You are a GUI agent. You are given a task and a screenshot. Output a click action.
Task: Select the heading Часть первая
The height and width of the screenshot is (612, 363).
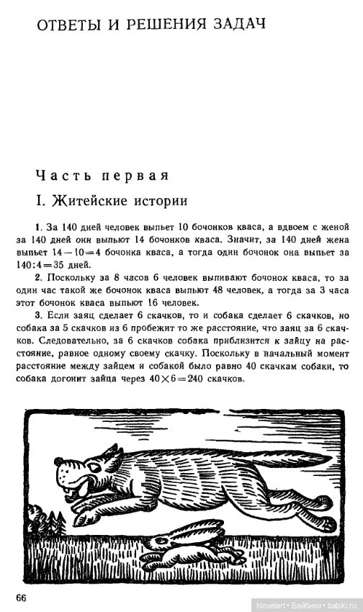[x=102, y=175]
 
